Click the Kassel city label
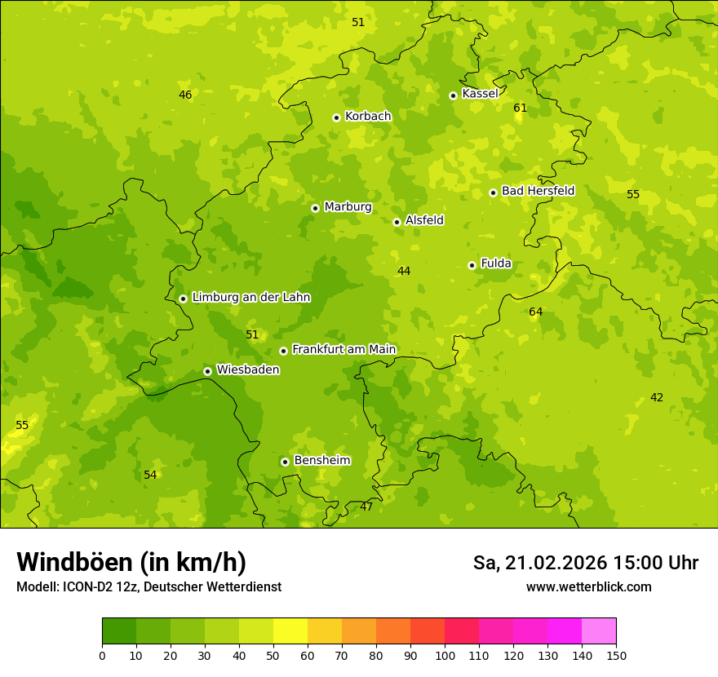click(x=480, y=94)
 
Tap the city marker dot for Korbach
click(x=336, y=117)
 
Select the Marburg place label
click(x=348, y=207)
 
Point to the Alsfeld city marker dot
click(x=397, y=222)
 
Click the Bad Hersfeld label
click(x=538, y=191)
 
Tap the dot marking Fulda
click(x=472, y=265)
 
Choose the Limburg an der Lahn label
click(x=250, y=298)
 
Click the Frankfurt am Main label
click(x=343, y=349)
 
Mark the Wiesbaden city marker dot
click(x=207, y=371)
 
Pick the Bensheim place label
click(x=321, y=461)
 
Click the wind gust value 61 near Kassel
click(x=520, y=108)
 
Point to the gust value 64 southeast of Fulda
click(x=535, y=312)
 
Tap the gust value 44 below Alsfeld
click(x=404, y=271)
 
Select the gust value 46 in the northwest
click(x=185, y=95)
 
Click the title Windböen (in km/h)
click(x=131, y=562)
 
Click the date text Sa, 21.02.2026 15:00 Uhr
click(x=585, y=563)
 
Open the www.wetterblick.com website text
click(x=588, y=586)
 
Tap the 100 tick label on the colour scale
click(x=445, y=655)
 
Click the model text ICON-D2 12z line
click(x=148, y=587)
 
